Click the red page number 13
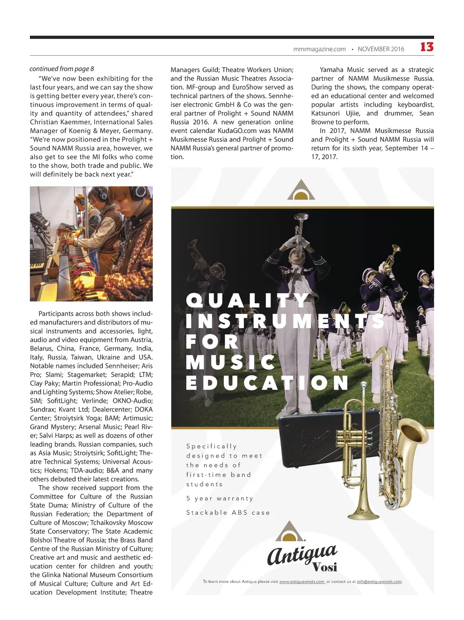[x=426, y=47]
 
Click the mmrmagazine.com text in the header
[x=319, y=49]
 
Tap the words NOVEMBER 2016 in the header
[x=381, y=49]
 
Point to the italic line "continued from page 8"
[x=62, y=69]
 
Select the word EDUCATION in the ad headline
[x=267, y=383]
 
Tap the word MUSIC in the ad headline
[x=231, y=362]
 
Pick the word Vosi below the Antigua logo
[x=325, y=567]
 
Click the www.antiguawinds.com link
[x=302, y=582]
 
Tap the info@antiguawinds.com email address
[x=379, y=582]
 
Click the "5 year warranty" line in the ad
[x=219, y=498]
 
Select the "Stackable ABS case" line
[x=228, y=512]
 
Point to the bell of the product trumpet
[x=362, y=514]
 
